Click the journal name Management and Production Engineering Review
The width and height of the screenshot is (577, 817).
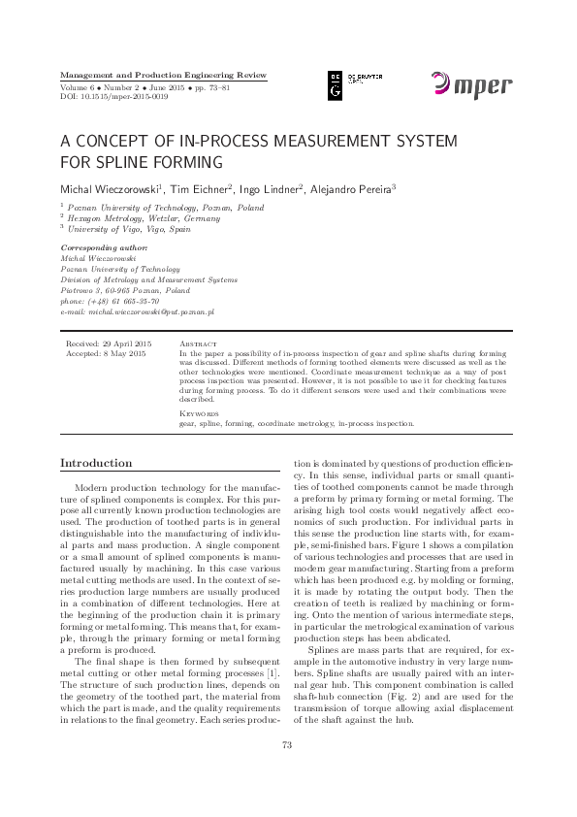163,75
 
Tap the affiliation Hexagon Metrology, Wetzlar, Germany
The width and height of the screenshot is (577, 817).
144,218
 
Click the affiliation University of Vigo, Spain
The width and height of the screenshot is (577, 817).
130,229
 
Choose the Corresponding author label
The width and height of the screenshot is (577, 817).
104,248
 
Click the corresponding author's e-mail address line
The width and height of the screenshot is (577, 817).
138,312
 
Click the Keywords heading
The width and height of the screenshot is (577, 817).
200,413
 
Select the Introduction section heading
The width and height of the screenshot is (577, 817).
96,463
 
